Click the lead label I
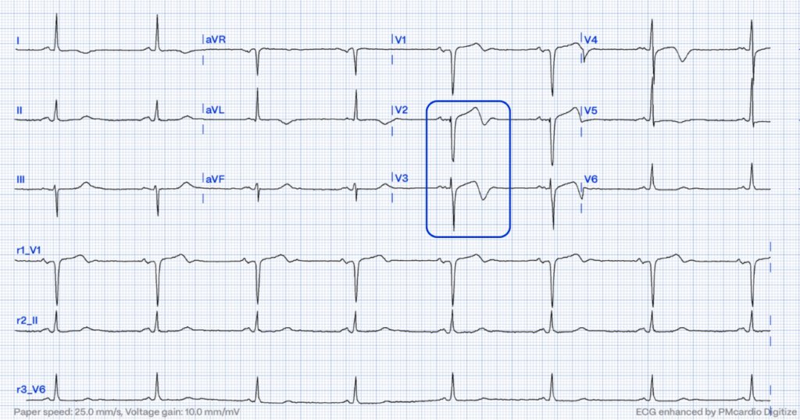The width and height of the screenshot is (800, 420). click(18, 39)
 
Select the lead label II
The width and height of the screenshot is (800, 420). click(19, 109)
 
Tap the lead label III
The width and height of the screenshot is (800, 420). click(20, 180)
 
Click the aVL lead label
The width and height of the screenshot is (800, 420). click(214, 109)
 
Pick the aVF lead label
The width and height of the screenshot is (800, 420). click(214, 180)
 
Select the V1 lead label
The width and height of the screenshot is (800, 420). click(401, 39)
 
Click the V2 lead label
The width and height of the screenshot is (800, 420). click(401, 109)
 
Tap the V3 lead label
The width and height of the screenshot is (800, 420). click(401, 180)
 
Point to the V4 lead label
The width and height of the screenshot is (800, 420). click(591, 39)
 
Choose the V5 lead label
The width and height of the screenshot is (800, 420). click(591, 109)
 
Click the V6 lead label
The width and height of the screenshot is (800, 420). click(591, 180)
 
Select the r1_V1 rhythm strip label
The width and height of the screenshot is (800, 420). click(28, 249)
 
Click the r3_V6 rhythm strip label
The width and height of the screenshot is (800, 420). click(28, 389)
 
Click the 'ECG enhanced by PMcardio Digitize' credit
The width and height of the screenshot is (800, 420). click(711, 411)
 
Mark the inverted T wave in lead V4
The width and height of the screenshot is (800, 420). click(682, 59)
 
